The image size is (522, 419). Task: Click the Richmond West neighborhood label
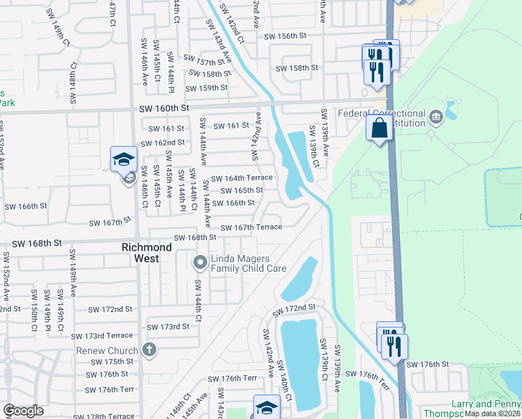(x=147, y=253)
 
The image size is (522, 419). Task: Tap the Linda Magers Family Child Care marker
(x=200, y=263)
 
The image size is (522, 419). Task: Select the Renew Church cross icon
(x=148, y=349)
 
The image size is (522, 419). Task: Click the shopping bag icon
(x=380, y=128)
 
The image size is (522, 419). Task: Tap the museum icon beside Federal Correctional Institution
(x=436, y=115)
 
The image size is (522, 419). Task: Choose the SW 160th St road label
(x=165, y=108)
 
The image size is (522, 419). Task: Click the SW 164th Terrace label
(x=241, y=178)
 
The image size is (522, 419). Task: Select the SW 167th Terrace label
(x=251, y=227)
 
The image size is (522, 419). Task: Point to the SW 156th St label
(x=285, y=36)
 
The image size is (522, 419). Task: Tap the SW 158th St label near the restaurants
(x=297, y=68)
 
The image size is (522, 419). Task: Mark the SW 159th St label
(x=207, y=88)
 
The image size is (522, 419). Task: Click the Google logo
(x=23, y=411)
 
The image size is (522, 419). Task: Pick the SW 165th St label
(x=241, y=190)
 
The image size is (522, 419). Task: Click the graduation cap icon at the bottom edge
(x=267, y=407)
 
